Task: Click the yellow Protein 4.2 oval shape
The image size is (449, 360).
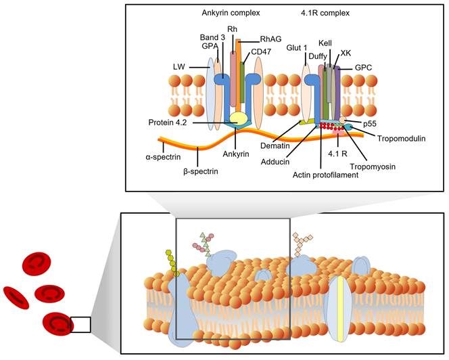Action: pos(239,118)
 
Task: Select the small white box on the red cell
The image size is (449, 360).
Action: pos(80,325)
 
